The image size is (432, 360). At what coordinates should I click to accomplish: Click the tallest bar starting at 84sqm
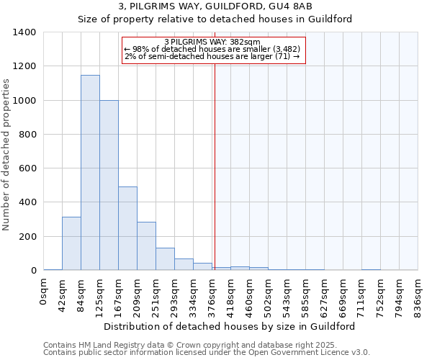coord(90,173)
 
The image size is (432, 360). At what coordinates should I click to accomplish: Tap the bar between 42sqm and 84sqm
coord(71,243)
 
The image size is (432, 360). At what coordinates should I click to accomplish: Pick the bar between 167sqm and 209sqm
coord(127,228)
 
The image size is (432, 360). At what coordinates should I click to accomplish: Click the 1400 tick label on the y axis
coord(24,32)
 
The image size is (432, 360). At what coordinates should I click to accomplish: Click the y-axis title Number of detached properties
coord(7,151)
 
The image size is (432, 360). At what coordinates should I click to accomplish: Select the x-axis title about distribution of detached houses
coord(229,326)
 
